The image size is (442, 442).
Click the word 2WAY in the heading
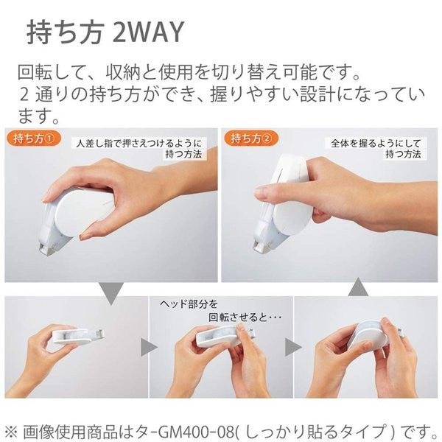click(x=147, y=32)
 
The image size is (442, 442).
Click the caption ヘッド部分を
click(x=189, y=304)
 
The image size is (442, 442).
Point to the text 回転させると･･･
click(x=221, y=319)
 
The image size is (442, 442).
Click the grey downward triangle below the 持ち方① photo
click(x=111, y=292)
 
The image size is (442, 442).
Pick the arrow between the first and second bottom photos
click(x=146, y=346)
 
